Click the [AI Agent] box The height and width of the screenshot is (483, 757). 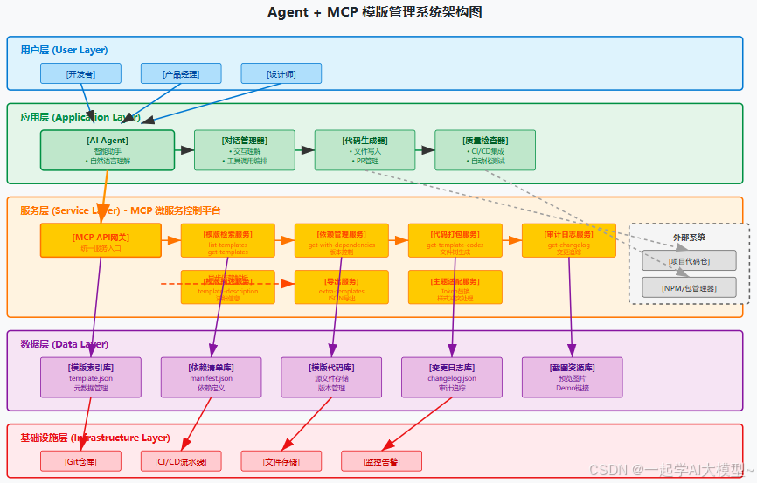(x=107, y=150)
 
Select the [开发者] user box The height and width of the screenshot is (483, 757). (x=80, y=74)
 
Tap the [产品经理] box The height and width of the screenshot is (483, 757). (x=181, y=74)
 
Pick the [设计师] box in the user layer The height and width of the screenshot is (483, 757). (x=281, y=74)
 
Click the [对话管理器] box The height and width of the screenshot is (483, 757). (x=232, y=150)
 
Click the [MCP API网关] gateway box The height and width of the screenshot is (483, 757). (x=101, y=240)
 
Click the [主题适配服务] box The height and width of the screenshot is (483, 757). (x=455, y=286)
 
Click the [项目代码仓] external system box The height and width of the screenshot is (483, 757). (x=689, y=260)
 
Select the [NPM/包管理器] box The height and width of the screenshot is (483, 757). (x=689, y=287)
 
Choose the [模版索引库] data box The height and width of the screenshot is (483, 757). (x=91, y=377)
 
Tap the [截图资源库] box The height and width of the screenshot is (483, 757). (x=573, y=377)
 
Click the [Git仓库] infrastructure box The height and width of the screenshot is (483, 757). (x=80, y=461)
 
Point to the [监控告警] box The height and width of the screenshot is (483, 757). (x=381, y=461)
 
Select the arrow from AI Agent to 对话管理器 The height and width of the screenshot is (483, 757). (x=184, y=150)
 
